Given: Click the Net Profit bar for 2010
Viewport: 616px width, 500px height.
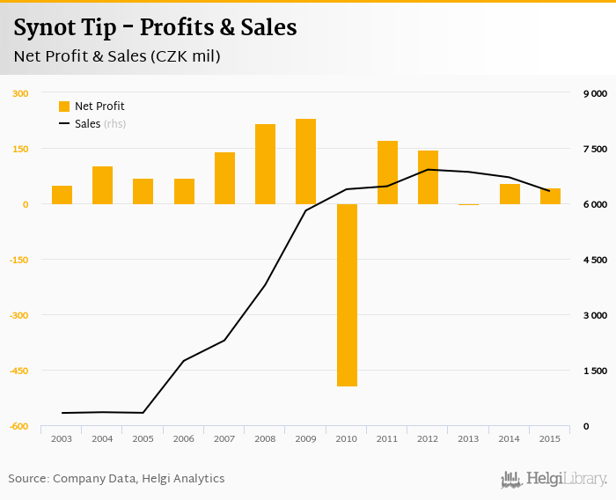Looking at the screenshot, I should [347, 295].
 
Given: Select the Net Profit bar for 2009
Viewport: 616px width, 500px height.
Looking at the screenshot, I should [305, 161].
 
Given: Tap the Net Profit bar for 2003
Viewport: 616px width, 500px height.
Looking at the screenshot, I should [62, 195].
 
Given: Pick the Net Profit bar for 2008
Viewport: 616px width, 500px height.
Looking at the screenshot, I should [265, 164].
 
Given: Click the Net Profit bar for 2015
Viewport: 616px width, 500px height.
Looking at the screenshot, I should [550, 196].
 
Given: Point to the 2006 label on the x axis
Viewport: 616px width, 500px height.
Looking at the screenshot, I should [184, 438].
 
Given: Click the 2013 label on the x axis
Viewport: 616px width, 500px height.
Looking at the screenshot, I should [468, 438].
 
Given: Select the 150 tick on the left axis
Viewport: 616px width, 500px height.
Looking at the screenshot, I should [20, 149].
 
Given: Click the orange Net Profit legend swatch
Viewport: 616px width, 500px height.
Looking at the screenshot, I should [63, 107].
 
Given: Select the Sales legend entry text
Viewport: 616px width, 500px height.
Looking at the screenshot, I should [87, 124].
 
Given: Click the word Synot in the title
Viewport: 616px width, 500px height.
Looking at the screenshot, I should [44, 27].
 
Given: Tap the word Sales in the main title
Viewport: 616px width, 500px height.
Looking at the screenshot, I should [268, 27].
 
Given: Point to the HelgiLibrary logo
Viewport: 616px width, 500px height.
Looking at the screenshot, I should [554, 479].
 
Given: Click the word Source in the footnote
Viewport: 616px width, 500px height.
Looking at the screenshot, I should [28, 479].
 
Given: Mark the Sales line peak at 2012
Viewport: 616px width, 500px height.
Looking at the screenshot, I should [428, 170].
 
